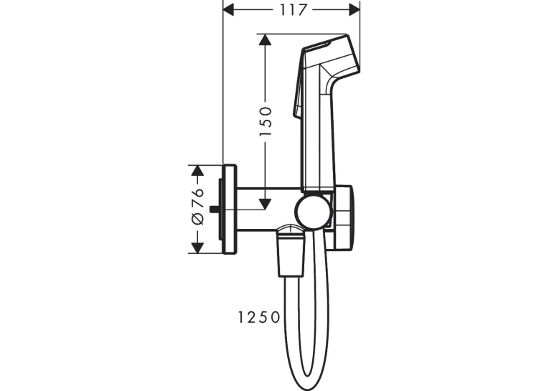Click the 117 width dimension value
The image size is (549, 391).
pos(293,10)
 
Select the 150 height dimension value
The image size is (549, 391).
pos(266,122)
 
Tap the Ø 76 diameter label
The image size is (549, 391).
pos(198,206)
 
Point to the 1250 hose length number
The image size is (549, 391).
pos(259,318)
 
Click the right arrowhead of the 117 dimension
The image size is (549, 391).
pos(355,10)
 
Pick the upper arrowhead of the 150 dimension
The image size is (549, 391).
pos(265,39)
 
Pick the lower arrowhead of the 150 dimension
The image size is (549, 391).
pos(265,204)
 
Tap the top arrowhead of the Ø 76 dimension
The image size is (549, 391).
pos(198,171)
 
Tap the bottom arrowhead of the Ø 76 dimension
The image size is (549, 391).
pos(198,248)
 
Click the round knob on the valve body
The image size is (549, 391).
pos(313,212)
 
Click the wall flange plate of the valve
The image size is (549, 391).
pos(230,209)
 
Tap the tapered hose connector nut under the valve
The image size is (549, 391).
pos(290,251)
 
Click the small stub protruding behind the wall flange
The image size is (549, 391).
pos(214,209)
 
